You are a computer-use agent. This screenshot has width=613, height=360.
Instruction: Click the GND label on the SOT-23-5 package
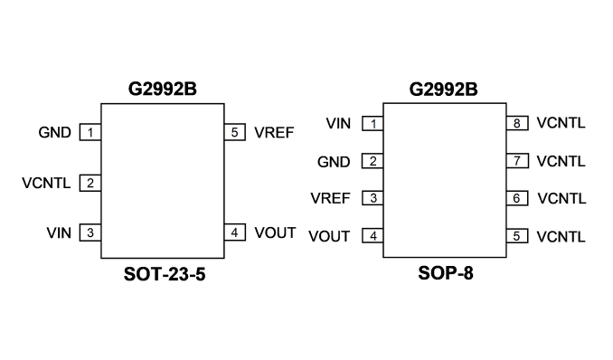coord(55,132)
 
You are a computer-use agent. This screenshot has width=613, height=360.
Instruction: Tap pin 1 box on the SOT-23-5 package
coord(90,132)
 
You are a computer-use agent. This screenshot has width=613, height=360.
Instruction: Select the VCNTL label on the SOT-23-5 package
coord(46,183)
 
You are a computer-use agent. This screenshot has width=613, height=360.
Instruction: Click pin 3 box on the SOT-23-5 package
coord(90,232)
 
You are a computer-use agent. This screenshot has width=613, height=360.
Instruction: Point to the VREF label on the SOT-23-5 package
coord(274,132)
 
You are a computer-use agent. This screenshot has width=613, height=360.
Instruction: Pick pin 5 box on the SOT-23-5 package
coord(234,132)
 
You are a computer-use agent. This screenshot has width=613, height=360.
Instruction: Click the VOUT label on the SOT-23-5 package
coord(275,232)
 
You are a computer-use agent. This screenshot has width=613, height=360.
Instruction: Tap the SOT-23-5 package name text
coord(165,274)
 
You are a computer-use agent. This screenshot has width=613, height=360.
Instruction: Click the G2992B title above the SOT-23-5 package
coord(162,89)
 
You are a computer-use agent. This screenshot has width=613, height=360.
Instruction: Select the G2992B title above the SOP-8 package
coord(443,90)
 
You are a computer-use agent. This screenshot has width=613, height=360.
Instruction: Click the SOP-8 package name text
coord(446,273)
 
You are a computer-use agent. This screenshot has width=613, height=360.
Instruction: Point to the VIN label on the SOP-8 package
coord(338,123)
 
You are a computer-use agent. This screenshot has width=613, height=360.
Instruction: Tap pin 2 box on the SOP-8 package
coord(373,161)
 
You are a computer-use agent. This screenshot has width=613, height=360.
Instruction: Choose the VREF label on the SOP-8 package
coord(330,198)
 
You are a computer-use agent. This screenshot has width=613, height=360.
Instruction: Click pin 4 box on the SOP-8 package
coord(373,236)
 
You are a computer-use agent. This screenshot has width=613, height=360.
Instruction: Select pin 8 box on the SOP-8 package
coord(517,123)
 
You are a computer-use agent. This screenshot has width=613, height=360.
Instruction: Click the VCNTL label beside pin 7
coord(561,161)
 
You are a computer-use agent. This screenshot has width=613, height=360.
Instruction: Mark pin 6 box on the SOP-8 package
coord(517,198)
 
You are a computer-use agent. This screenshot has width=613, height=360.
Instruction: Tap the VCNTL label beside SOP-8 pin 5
coord(561,236)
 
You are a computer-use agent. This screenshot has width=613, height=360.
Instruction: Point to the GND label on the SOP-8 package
coord(334,162)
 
